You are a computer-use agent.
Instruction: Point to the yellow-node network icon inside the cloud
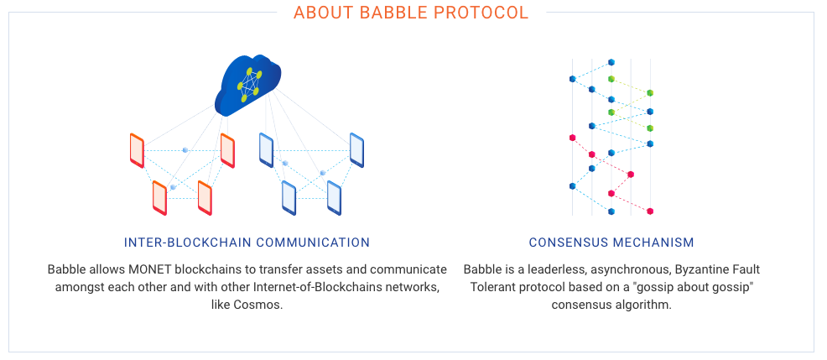click(x=249, y=84)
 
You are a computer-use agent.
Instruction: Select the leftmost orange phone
click(x=137, y=150)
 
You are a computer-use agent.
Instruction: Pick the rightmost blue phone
click(x=356, y=150)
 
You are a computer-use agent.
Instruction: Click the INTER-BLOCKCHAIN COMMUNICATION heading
click(x=247, y=243)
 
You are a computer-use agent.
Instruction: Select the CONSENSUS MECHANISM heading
click(x=611, y=243)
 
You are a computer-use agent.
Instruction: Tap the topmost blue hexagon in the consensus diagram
click(x=611, y=62)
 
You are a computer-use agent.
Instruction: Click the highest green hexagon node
click(x=611, y=79)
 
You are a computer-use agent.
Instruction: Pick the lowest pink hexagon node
click(x=650, y=211)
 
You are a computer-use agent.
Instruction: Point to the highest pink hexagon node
click(x=572, y=138)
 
